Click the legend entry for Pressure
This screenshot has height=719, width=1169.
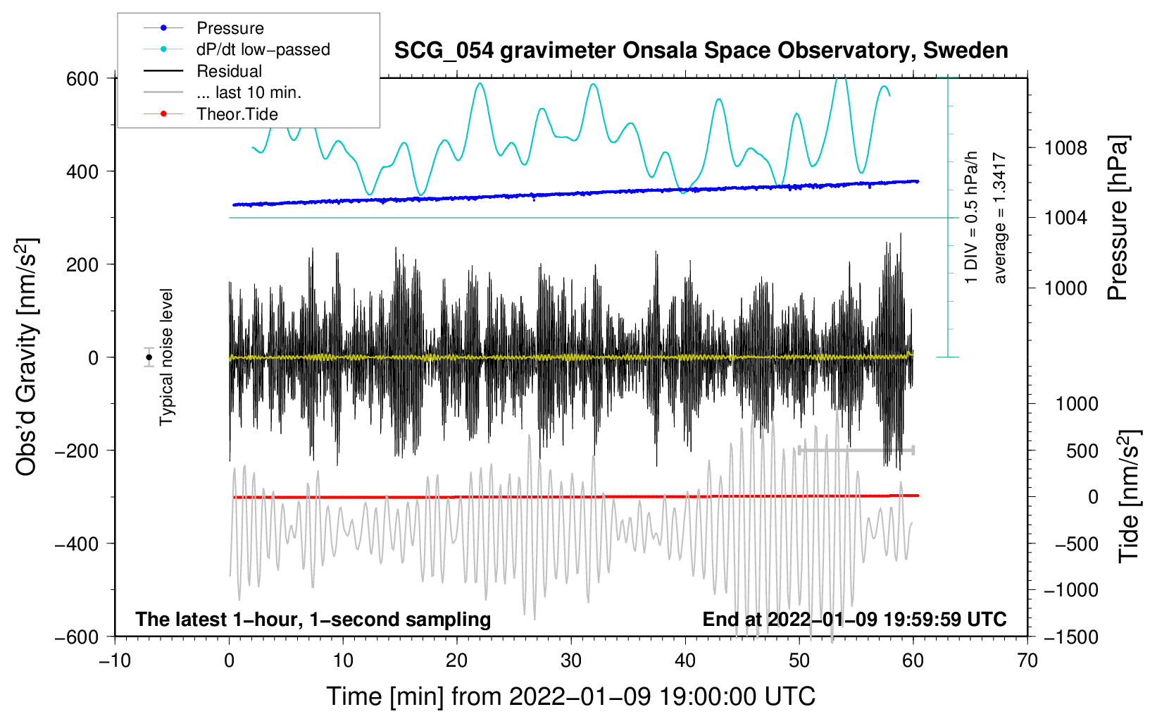click(x=204, y=27)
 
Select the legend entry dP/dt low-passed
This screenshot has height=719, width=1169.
click(x=237, y=49)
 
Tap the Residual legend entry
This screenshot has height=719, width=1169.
click(x=203, y=70)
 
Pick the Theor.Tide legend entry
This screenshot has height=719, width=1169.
click(x=211, y=113)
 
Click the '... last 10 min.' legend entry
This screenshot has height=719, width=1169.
click(x=223, y=92)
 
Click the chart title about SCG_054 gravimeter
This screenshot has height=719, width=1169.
click(x=701, y=50)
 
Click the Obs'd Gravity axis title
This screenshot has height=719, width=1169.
click(x=26, y=357)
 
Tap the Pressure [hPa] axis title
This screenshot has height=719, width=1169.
click(x=1118, y=218)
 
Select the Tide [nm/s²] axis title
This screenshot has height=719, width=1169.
click(x=1129, y=496)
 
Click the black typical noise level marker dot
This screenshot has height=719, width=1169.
click(x=149, y=357)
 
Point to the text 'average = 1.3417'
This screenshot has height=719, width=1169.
click(x=999, y=218)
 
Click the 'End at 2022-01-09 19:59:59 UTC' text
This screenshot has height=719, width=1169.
click(x=854, y=619)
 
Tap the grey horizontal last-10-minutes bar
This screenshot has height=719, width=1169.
click(x=856, y=450)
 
